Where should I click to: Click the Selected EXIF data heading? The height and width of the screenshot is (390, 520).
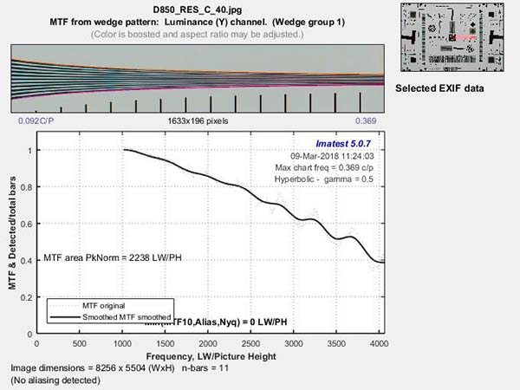point(439,89)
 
